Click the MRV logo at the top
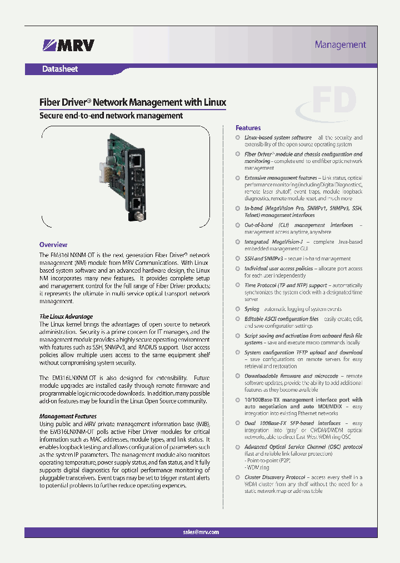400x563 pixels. (68, 45)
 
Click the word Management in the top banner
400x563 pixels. (340, 45)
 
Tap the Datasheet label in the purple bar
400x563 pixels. (60, 69)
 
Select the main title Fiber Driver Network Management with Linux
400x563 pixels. (133, 102)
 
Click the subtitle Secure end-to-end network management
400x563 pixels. (111, 116)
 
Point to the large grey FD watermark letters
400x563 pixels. (333, 101)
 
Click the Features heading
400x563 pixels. (248, 128)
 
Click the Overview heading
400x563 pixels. (53, 245)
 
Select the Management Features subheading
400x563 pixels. (68, 416)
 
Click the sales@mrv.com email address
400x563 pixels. (201, 532)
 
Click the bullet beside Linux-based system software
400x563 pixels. (238, 137)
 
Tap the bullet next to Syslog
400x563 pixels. (238, 309)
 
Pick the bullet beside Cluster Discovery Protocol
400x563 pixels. (238, 477)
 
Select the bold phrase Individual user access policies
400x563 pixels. (279, 269)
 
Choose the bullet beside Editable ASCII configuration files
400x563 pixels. (238, 319)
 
